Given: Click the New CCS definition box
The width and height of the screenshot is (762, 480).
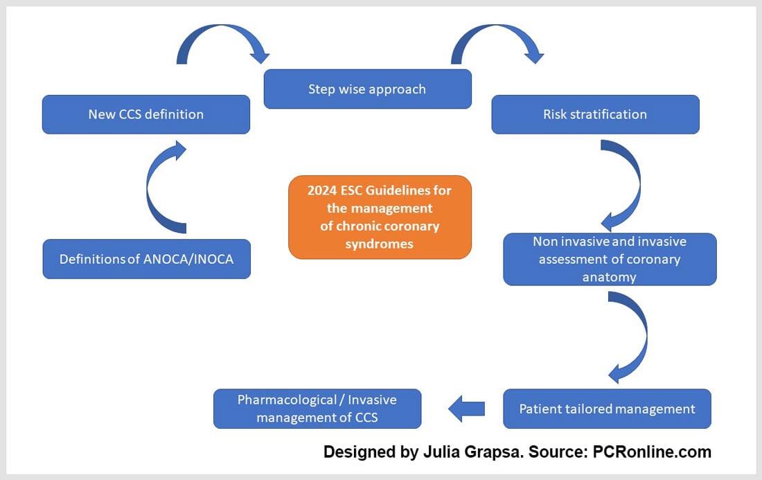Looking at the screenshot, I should (145, 114).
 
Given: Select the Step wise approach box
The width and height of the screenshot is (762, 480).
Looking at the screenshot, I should (367, 89).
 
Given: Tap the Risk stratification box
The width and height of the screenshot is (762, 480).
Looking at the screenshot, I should (595, 114).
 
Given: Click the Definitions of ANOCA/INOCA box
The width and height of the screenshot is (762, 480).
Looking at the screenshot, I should (146, 259).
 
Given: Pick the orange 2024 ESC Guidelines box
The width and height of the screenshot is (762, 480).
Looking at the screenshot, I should (380, 217).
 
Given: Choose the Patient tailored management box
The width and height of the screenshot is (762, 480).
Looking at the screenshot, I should (607, 409).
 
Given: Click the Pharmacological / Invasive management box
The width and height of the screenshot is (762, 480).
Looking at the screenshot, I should (317, 409).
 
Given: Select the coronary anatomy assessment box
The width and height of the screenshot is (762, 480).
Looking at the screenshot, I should (610, 260).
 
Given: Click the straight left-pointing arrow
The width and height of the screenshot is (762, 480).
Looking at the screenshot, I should (466, 409).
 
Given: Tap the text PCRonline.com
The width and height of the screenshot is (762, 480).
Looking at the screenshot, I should (652, 452).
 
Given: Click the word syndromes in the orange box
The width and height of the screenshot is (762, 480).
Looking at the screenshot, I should (380, 243).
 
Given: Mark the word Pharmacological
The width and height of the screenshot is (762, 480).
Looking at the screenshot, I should (289, 400).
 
